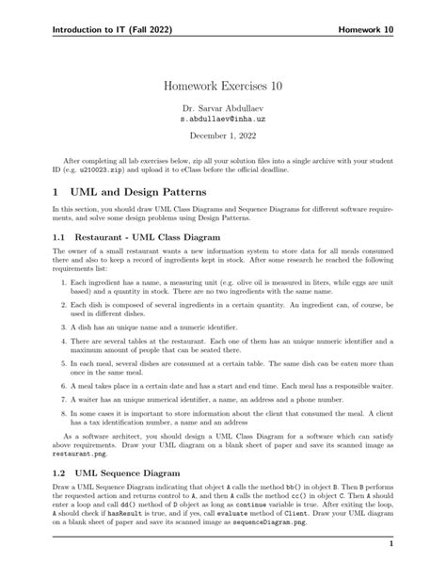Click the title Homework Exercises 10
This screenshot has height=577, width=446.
pos(223,86)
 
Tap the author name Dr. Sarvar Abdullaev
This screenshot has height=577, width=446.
pos(223,108)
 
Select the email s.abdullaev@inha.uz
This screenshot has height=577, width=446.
pos(223,120)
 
